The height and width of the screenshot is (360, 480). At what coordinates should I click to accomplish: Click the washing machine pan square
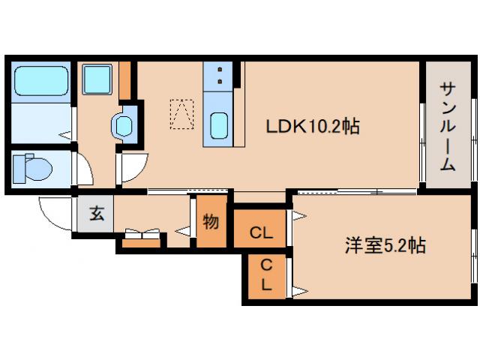97,79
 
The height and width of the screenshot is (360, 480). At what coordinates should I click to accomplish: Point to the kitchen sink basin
220,124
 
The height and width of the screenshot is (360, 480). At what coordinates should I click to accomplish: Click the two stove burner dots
220,76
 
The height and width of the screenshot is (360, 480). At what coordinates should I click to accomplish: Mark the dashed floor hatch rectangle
181,115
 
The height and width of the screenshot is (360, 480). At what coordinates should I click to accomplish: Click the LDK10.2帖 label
312,127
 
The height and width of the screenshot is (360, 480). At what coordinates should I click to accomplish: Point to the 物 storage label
211,222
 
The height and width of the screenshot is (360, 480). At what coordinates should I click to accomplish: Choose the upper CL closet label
261,233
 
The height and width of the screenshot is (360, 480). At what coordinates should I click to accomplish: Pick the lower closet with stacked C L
266,275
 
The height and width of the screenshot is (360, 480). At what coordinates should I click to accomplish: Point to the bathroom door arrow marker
67,136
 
